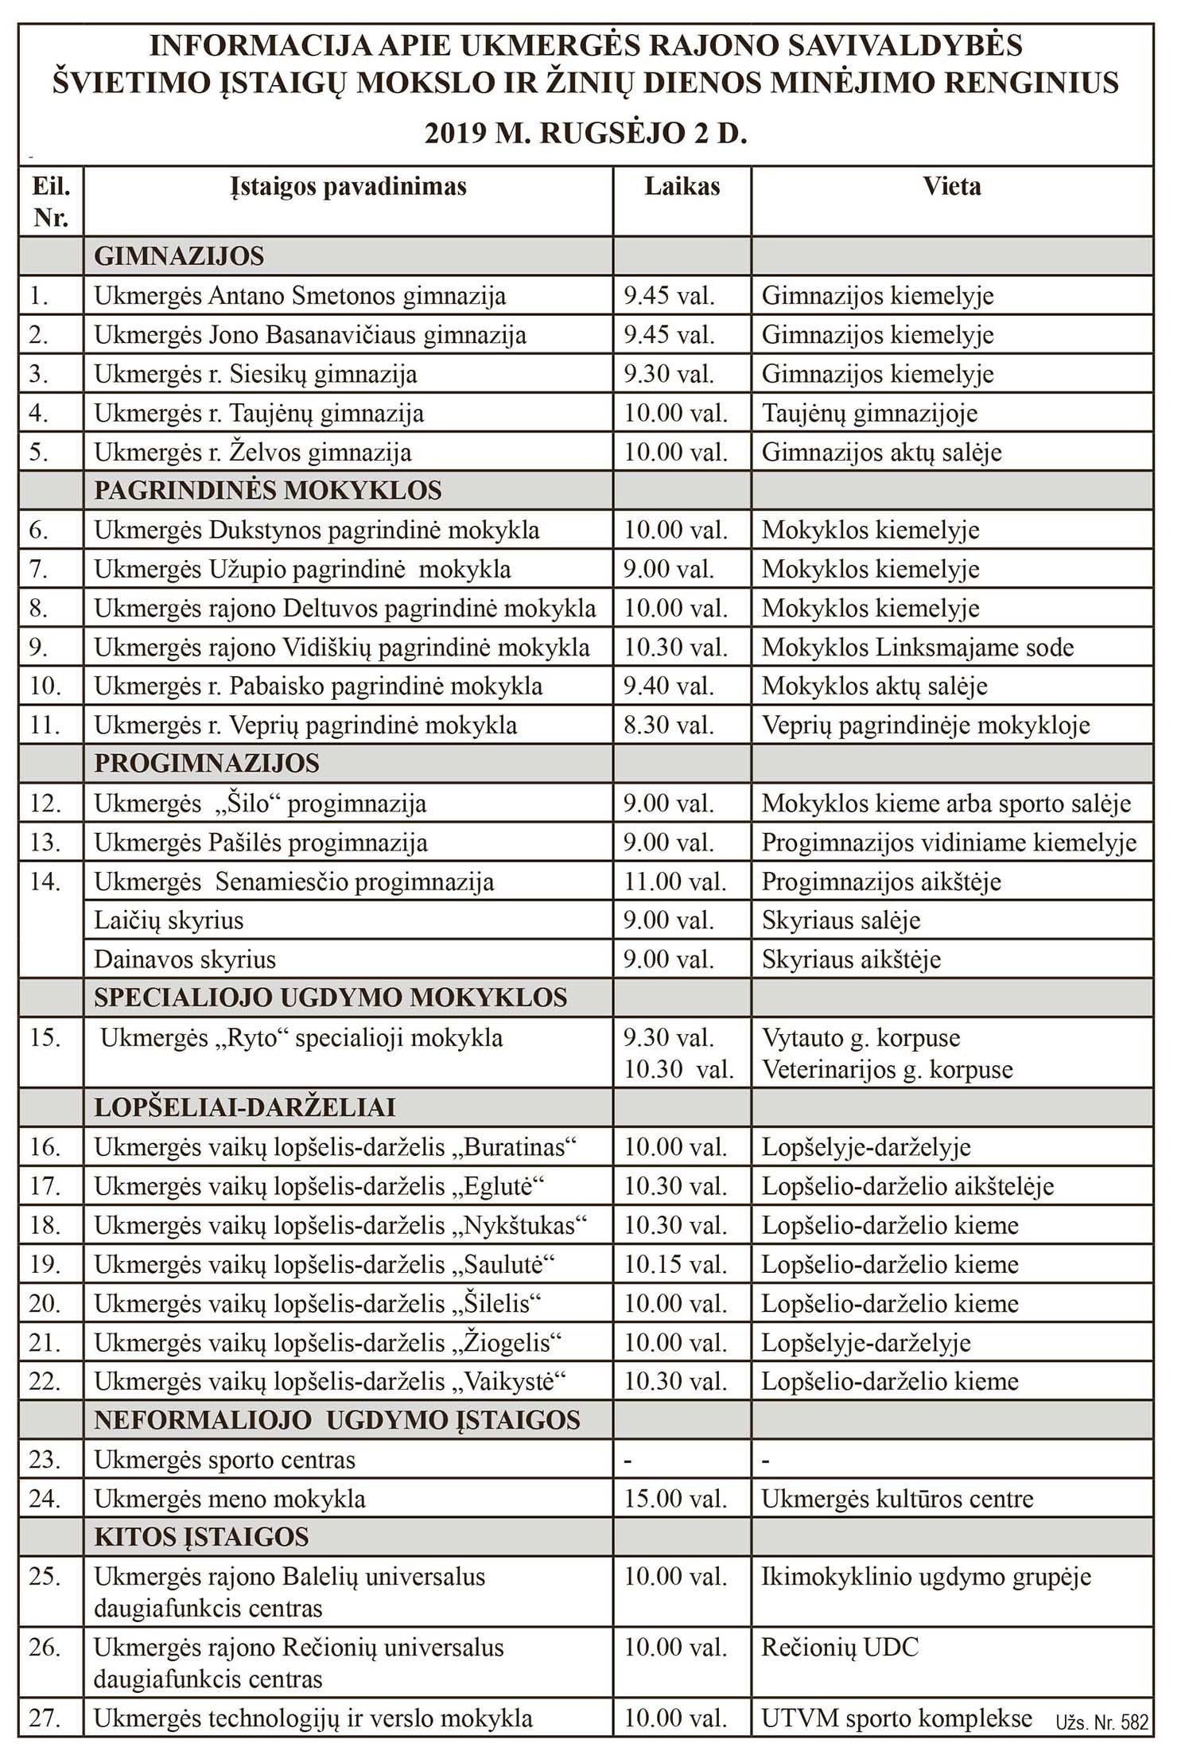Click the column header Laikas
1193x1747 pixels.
[682, 187]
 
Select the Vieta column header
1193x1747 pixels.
[951, 187]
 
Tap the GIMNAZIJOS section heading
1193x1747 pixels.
[179, 256]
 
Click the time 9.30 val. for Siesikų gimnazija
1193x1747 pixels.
[669, 374]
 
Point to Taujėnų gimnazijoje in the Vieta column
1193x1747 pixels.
[869, 413]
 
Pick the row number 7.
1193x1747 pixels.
[38, 570]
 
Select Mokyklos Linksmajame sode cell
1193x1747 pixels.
[917, 648]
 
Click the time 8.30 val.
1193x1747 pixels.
[669, 726]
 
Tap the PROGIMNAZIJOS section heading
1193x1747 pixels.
[206, 764]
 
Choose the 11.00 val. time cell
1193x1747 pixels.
[674, 881]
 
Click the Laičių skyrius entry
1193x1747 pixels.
[169, 920]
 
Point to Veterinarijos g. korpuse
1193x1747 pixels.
[887, 1070]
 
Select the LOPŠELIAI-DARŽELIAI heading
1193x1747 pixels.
[244, 1107]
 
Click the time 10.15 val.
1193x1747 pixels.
[674, 1264]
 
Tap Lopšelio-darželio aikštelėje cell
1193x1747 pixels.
[907, 1186]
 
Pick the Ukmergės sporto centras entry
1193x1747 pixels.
[224, 1460]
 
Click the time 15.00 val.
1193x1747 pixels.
[674, 1499]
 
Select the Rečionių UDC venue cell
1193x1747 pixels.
[840, 1647]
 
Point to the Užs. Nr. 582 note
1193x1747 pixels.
[1102, 1723]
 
